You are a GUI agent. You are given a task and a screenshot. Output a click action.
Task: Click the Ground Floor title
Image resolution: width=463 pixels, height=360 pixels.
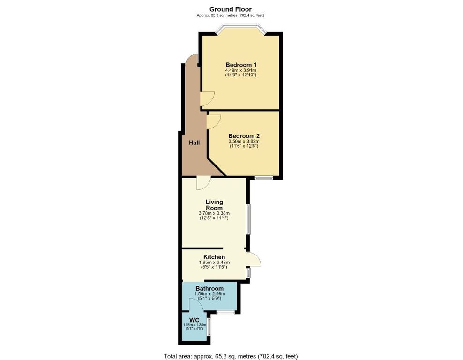[230, 9]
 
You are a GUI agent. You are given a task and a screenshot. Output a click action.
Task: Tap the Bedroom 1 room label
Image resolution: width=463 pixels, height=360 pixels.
[241, 65]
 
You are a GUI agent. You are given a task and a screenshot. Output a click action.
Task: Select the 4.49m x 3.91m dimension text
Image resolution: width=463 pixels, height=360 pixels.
[241, 71]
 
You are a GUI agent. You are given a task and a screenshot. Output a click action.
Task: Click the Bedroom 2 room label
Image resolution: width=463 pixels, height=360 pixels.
[244, 136]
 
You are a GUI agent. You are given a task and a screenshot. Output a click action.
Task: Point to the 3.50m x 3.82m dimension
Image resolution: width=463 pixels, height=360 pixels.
[244, 142]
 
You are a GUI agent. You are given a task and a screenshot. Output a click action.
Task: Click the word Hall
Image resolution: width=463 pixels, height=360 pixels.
[194, 142]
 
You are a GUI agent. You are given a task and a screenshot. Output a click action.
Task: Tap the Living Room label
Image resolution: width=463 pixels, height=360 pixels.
[214, 205]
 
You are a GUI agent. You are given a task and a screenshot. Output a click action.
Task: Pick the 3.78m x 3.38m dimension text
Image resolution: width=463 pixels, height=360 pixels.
[214, 213]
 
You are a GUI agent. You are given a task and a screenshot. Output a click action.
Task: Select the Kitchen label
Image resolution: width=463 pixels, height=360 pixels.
[214, 257]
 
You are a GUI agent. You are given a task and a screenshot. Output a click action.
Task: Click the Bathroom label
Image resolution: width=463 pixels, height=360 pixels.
[209, 288]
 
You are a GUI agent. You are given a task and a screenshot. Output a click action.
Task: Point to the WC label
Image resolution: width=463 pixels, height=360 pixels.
[194, 320]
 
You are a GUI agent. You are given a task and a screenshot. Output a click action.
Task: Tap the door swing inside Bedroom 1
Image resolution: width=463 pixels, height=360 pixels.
[207, 99]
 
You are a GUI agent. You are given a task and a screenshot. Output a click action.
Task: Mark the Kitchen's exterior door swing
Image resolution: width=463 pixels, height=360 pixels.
[254, 259]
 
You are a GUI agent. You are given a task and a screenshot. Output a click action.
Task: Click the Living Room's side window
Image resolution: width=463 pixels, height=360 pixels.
[249, 219]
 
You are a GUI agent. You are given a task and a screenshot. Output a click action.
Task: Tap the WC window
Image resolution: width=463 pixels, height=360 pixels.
[209, 327]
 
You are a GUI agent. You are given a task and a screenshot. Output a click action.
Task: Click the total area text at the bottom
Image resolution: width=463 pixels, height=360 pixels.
[231, 356]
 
